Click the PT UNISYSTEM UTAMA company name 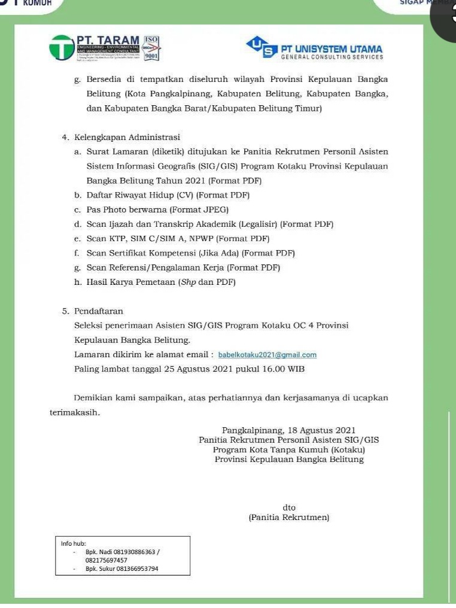coord(332,49)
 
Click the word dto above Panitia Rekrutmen coord(289,507)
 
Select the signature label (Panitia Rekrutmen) coord(289,517)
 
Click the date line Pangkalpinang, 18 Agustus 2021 coord(289,430)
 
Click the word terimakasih coord(74,412)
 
